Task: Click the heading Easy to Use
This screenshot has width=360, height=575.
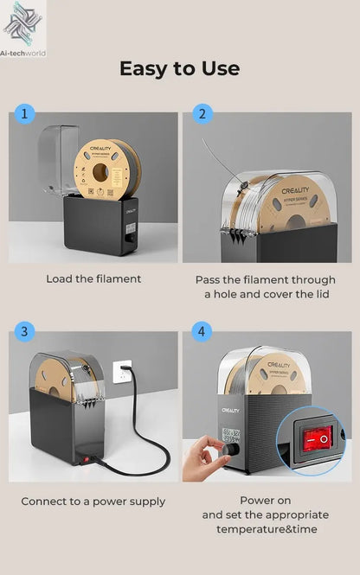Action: tap(179, 68)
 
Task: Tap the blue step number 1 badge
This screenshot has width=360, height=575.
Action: tap(23, 113)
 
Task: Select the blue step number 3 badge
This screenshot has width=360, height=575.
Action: tap(23, 331)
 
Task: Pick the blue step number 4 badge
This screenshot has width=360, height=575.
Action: tap(202, 331)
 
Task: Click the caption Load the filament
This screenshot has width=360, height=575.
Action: tap(93, 279)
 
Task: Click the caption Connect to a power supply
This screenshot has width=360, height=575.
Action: tap(93, 502)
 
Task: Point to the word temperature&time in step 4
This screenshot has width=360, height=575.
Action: tap(267, 529)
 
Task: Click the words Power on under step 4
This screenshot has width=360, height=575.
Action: tap(267, 500)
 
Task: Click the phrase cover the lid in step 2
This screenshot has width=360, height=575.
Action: tap(286, 295)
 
